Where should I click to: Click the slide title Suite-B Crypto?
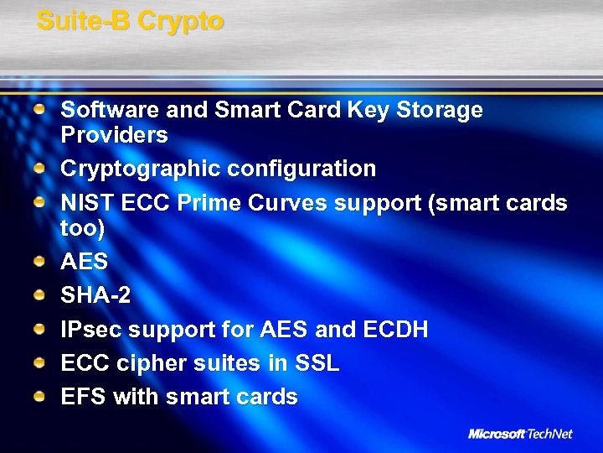130,21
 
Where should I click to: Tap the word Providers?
114,135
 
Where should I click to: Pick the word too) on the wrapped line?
83,227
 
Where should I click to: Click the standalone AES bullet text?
85,262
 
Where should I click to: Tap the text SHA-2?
95,296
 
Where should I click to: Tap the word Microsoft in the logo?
496,434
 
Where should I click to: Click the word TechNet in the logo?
549,434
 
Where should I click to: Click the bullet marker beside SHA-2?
40,295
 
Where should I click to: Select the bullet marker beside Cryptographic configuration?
40,168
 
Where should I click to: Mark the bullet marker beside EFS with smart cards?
40,396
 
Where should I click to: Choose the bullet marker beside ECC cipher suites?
40,362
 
